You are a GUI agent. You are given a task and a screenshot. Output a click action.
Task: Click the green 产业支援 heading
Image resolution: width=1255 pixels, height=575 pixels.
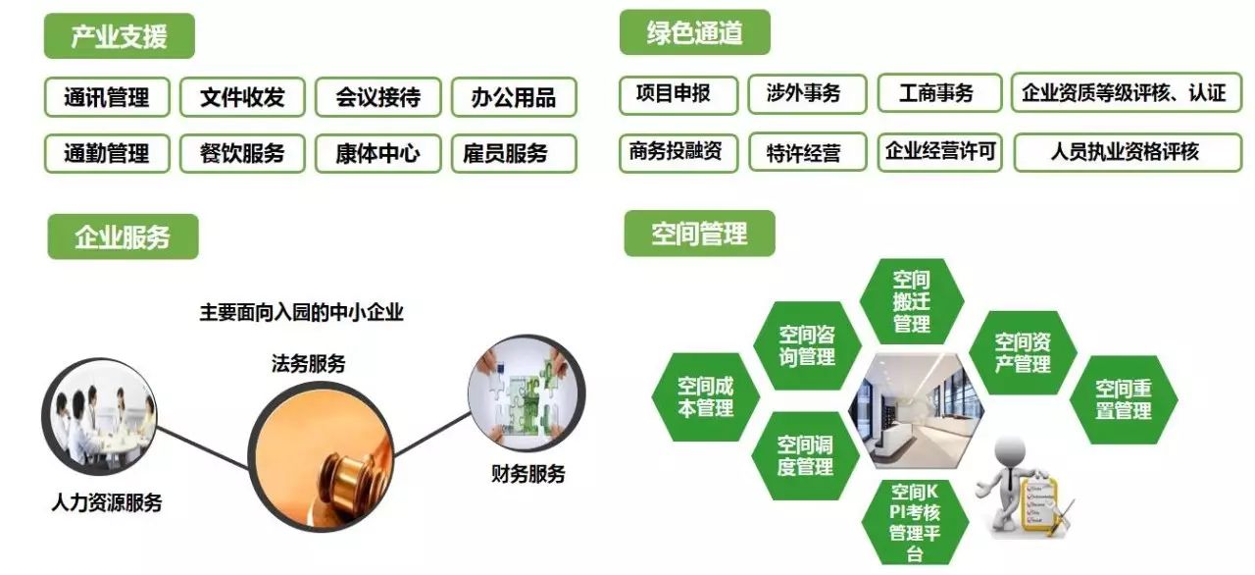(120, 36)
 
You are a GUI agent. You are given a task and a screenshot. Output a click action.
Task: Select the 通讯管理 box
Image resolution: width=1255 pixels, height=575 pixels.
(107, 97)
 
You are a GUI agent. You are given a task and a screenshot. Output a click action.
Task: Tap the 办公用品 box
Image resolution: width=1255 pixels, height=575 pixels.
(514, 97)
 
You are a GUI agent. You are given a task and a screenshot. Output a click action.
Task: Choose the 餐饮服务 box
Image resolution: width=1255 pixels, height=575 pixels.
(242, 153)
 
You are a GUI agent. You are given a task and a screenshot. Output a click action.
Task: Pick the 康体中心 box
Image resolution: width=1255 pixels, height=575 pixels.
(378, 153)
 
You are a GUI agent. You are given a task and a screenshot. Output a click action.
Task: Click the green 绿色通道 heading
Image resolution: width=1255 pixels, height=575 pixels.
(695, 32)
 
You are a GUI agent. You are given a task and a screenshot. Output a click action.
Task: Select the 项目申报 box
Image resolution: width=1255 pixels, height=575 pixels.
(678, 95)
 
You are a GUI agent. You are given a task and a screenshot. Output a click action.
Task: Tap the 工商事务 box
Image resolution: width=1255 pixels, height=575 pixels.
(939, 93)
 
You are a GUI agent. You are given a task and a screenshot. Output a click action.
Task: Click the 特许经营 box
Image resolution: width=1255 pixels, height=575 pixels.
(807, 152)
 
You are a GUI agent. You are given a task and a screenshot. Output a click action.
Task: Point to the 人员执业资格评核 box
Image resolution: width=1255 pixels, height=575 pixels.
(1128, 152)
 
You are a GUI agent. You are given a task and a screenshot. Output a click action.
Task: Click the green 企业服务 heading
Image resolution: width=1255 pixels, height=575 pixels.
(124, 236)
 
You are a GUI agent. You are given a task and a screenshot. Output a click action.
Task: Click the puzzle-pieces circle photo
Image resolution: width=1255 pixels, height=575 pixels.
(527, 393)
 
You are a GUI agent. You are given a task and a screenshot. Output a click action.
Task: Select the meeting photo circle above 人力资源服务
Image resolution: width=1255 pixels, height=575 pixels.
(100, 416)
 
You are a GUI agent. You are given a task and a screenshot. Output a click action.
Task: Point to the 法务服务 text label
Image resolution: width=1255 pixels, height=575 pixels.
(308, 364)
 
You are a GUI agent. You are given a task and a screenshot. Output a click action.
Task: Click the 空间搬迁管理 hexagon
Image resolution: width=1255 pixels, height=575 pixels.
(912, 301)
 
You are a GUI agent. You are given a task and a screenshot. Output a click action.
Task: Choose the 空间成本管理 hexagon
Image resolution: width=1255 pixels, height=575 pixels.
(705, 396)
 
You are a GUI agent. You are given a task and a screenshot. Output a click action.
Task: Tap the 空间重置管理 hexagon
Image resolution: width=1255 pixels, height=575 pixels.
(1124, 399)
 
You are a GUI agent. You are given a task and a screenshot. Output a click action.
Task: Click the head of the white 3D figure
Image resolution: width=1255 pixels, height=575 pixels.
(1010, 451)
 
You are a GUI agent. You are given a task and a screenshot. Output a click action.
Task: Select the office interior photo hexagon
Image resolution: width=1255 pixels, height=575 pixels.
(916, 411)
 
